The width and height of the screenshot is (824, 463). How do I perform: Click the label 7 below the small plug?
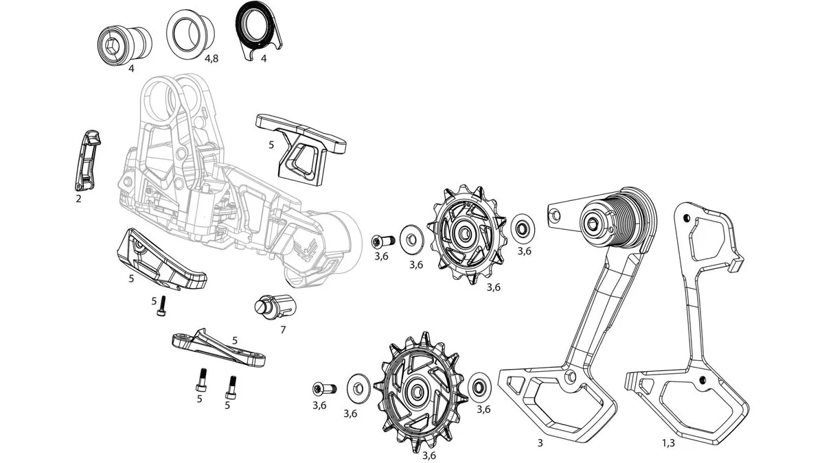282,330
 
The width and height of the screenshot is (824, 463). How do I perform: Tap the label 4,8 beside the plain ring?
211,59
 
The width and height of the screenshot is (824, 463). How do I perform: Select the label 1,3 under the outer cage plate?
667,444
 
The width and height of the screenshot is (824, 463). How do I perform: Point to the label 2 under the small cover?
79,198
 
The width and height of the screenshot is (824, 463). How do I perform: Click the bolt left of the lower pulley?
321,388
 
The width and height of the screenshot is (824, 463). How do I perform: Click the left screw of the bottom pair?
202,378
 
